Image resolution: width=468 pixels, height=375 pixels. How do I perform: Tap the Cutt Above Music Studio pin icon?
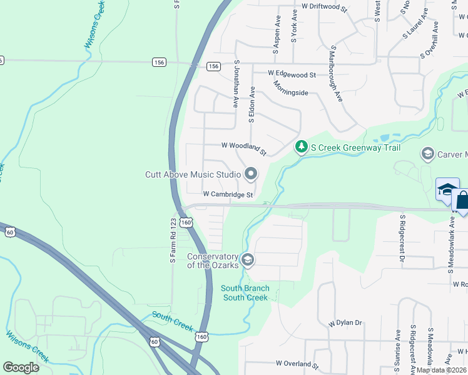pos(251,174)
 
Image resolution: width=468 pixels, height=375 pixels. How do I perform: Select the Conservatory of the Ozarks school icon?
pos(248,260)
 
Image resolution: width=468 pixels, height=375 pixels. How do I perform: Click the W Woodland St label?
pos(244,148)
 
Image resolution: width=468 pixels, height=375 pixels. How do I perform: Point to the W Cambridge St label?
pos(228,194)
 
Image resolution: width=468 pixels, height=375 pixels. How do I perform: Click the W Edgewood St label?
pos(292,74)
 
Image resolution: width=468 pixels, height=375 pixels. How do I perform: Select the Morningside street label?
pos(290,92)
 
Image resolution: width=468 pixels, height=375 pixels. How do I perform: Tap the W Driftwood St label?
pos(323,6)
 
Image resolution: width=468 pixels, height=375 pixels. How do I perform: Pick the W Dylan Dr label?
pos(345,323)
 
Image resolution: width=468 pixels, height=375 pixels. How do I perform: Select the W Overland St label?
pos(297,363)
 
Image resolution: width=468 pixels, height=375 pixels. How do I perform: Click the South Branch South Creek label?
pos(245,292)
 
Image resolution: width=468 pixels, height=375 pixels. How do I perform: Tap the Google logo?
pos(21,367)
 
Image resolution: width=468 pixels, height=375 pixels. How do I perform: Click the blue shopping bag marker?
pos(462,201)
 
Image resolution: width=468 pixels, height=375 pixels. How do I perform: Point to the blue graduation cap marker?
pos(447,189)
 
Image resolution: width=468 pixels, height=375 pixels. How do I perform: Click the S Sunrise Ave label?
pos(397,349)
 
